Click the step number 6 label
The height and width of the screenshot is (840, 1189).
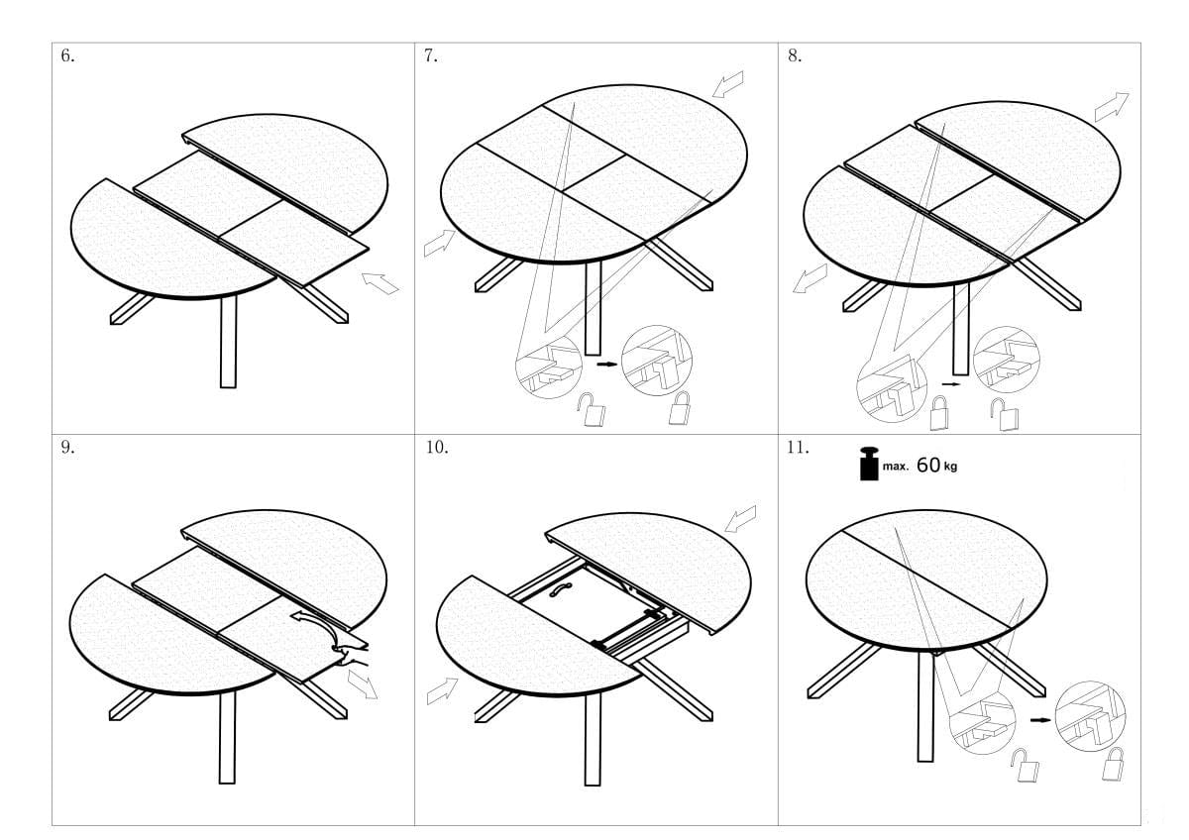point(67,55)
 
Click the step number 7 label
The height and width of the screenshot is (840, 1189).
point(431,55)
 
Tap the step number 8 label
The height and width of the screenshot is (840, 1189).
point(795,55)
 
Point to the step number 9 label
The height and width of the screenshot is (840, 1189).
point(67,447)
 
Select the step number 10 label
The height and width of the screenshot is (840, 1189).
point(436,447)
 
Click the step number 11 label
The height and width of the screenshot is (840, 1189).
point(798,447)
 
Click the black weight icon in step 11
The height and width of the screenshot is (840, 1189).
point(869,464)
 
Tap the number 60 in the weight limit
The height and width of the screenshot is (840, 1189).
point(928,465)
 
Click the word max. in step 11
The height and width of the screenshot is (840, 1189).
point(896,467)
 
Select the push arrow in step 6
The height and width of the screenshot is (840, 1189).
point(380,283)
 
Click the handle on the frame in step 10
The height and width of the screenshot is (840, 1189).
point(561,589)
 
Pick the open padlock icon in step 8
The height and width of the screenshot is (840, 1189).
point(1005,414)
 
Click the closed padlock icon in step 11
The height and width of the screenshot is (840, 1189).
point(1113,764)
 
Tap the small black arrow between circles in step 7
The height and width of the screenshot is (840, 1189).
point(607,364)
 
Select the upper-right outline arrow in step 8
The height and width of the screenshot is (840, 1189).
point(1112,107)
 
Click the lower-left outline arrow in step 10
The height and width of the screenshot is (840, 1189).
point(442,690)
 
